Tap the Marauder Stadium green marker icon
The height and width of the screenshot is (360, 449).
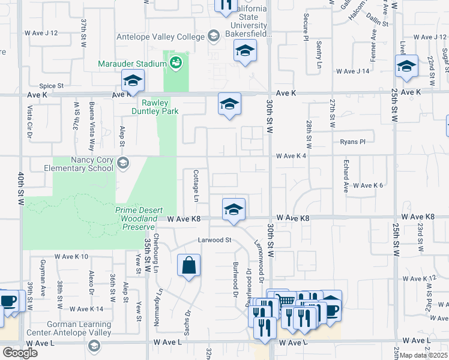pyautogui.click(x=176, y=62)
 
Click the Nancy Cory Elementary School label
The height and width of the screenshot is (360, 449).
pyautogui.click(x=83, y=164)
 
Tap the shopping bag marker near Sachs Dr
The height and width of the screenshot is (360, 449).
pyautogui.click(x=188, y=265)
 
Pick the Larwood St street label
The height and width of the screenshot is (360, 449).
pyautogui.click(x=215, y=240)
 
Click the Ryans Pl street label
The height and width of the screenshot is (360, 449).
pyautogui.click(x=352, y=142)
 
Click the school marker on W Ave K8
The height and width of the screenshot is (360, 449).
pyautogui.click(x=234, y=209)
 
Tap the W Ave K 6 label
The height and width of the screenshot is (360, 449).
pyautogui.click(x=368, y=185)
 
